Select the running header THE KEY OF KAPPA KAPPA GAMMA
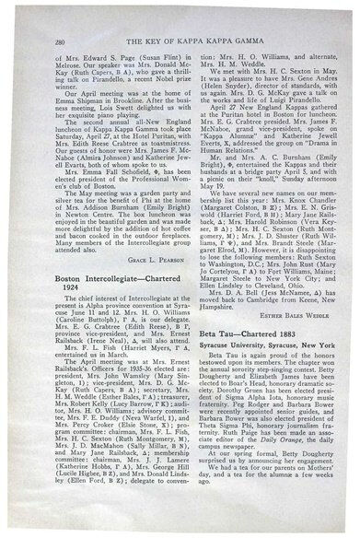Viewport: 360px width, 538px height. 189,18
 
